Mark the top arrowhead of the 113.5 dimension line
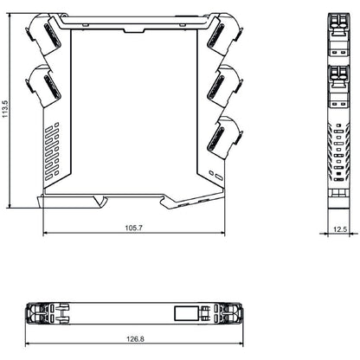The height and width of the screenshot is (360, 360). coord(10,16)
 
